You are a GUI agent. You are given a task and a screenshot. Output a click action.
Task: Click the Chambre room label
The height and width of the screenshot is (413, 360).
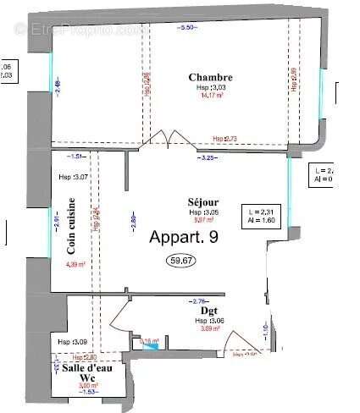(210, 78)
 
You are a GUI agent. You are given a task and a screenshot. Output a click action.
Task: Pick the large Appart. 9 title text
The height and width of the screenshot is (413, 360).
(184, 238)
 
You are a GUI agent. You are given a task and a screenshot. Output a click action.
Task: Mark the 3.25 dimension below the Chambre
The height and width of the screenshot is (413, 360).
(207, 158)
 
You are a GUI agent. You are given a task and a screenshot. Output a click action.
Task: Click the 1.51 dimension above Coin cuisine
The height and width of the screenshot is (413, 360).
(76, 157)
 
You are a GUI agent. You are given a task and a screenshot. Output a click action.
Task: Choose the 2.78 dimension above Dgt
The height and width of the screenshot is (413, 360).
(201, 300)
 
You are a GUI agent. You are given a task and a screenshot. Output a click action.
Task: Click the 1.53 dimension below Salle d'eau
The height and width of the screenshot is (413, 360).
(88, 405)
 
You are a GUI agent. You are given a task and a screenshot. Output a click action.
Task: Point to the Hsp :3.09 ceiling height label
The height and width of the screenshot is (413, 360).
(69, 342)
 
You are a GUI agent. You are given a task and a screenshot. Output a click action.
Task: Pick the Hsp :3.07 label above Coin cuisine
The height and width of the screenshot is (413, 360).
(77, 176)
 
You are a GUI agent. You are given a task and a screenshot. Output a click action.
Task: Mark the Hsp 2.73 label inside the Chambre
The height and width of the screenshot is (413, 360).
(225, 138)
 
